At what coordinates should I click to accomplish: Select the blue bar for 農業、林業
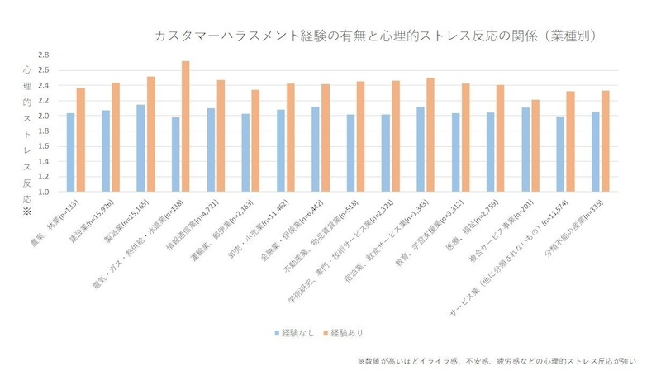click(x=71, y=153)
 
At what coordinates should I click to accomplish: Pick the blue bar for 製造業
click(x=141, y=149)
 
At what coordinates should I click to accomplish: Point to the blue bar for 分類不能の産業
click(x=597, y=152)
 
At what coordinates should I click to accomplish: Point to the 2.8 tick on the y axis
click(x=43, y=55)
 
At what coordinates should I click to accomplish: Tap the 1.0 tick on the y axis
click(x=43, y=192)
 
